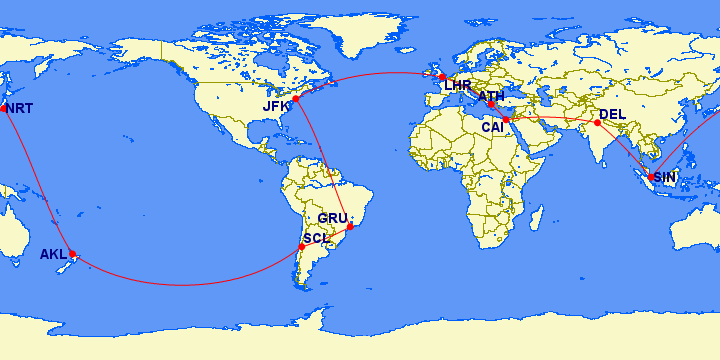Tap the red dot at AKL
tap(72, 254)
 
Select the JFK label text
tap(277, 106)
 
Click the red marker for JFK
tap(296, 99)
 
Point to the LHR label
tap(457, 86)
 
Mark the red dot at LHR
tap(441, 77)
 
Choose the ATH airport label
tap(492, 97)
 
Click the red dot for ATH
tap(491, 105)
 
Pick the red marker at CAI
tap(507, 120)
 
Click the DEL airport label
tap(612, 115)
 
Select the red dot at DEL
tap(597, 123)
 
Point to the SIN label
tap(666, 177)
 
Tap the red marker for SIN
tap(651, 178)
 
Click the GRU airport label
tap(333, 218)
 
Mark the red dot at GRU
tap(350, 227)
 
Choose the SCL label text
tap(316, 238)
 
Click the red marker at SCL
tap(302, 246)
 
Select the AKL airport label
tap(53, 255)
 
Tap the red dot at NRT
tap(4, 108)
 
